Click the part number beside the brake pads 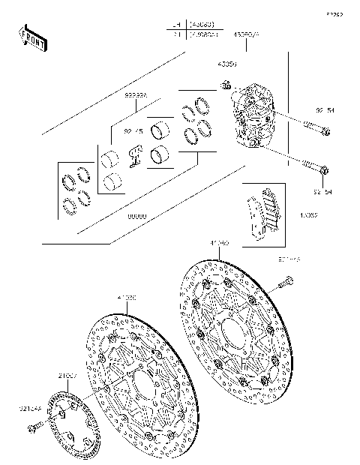(x=309, y=214)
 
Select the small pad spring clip (x=136, y=154)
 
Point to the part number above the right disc (x=220, y=243)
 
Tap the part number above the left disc (x=127, y=297)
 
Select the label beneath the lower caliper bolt (x=323, y=192)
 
